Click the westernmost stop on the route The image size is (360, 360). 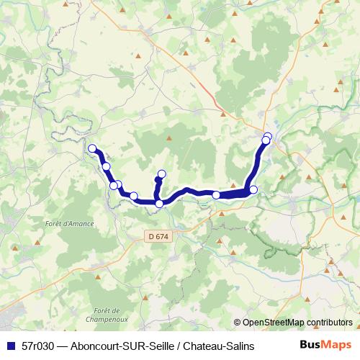point(92,149)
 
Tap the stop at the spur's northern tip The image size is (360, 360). point(162,174)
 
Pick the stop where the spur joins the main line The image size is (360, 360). point(159,204)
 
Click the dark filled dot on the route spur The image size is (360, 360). point(158,181)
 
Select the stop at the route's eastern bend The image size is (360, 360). point(253,189)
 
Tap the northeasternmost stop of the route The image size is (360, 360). point(268,136)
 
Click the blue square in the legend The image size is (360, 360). point(10,346)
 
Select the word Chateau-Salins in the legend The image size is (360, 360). point(219,346)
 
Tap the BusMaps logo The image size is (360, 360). point(326,346)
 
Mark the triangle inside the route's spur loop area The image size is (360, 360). point(169,138)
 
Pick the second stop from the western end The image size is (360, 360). point(107,166)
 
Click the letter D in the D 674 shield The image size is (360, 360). point(150,235)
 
